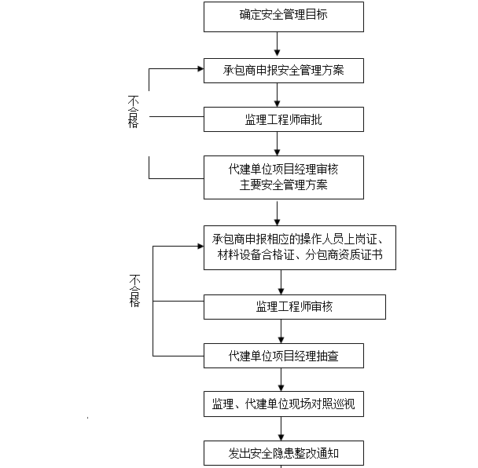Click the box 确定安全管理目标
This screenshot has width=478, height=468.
click(x=284, y=16)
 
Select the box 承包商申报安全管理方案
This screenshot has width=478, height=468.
click(x=284, y=71)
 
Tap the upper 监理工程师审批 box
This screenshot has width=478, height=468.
click(x=284, y=119)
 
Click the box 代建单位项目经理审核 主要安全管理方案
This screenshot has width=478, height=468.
click(x=284, y=177)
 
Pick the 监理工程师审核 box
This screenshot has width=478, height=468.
click(x=295, y=306)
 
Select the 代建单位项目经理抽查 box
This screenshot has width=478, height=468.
click(x=284, y=356)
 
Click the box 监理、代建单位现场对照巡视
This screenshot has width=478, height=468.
click(x=284, y=404)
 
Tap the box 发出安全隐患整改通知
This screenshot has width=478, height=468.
click(x=284, y=453)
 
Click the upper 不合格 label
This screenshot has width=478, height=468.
click(x=133, y=112)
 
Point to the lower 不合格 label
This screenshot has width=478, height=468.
click(x=135, y=291)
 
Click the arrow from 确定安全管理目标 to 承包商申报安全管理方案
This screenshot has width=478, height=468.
click(x=277, y=45)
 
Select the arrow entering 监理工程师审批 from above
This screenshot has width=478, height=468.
click(x=277, y=95)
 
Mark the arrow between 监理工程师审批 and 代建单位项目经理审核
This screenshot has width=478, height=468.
click(x=277, y=144)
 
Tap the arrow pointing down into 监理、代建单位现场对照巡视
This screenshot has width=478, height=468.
click(x=281, y=380)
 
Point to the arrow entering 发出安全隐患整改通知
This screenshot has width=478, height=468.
click(x=281, y=429)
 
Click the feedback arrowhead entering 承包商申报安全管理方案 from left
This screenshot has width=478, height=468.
click(x=198, y=68)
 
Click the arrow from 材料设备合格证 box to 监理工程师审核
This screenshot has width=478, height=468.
click(x=281, y=282)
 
